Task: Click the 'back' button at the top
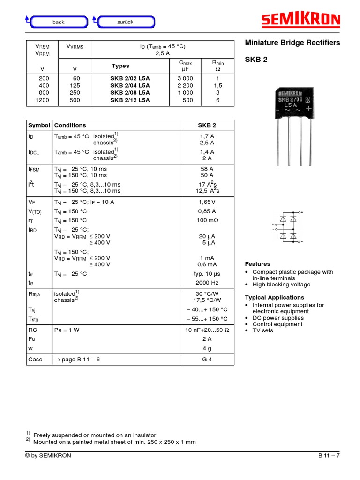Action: pos(59,22)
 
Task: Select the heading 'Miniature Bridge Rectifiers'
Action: pos(293,43)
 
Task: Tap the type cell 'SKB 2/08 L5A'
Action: pos(130,93)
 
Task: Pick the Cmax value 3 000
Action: pos(185,78)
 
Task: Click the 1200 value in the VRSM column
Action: pos(42,100)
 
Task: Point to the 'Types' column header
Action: pos(120,66)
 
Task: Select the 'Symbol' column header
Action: pos(39,125)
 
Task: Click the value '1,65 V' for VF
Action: pos(207,202)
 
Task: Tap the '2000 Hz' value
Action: pos(207,283)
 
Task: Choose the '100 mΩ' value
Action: pos(207,220)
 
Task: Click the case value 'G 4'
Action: pos(207,360)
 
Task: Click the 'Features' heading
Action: pos(258,264)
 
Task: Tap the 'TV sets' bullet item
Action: pos(262,330)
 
